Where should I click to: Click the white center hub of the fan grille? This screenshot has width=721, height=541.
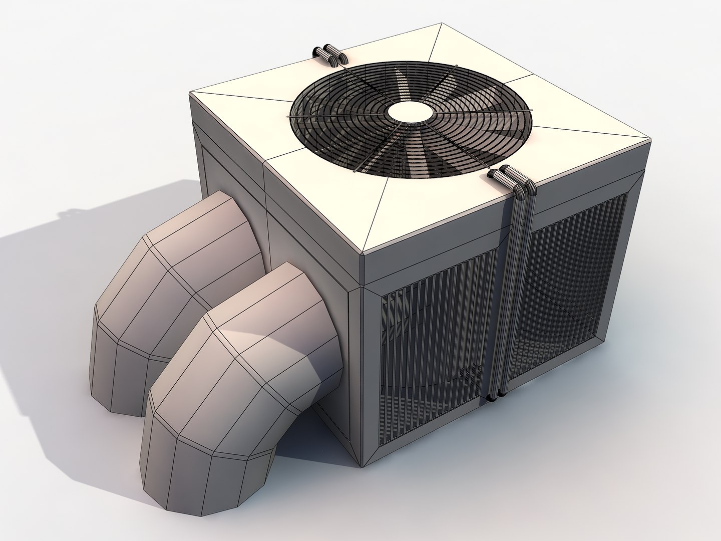tap(411, 112)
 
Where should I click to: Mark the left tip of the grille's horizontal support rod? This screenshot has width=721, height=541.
tap(288, 117)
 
